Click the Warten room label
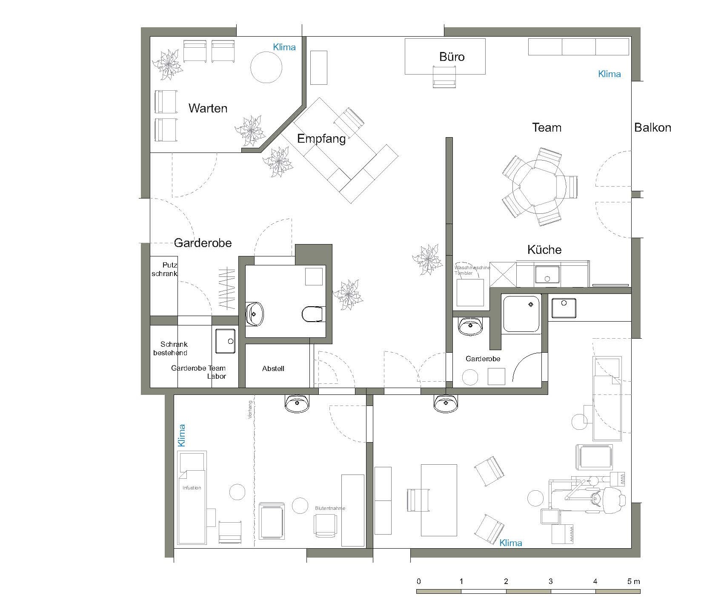208,108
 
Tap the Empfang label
321,139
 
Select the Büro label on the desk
452,57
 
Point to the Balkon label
652,127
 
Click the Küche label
544,250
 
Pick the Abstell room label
273,368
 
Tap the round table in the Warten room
266,67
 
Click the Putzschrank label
165,270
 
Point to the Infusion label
192,488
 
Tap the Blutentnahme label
330,508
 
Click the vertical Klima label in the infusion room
182,435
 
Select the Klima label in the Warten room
284,47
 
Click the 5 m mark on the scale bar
634,581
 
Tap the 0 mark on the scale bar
419,581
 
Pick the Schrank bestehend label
171,348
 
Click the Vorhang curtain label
250,410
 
